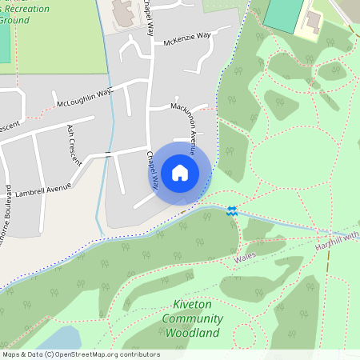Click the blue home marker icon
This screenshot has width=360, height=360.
click(180, 172)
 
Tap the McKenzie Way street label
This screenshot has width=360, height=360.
click(188, 38)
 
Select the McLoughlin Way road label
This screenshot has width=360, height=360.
click(84, 98)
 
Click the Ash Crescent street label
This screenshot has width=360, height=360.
click(74, 144)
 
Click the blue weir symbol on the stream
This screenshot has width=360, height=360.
click(231, 211)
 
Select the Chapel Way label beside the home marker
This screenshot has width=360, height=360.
click(150, 169)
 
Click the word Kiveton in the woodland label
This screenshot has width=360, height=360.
click(192, 305)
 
